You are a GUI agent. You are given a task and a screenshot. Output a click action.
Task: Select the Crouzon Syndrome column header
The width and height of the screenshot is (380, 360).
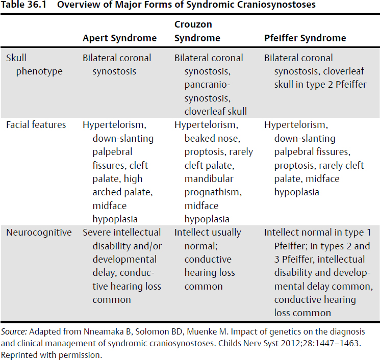click(x=197, y=32)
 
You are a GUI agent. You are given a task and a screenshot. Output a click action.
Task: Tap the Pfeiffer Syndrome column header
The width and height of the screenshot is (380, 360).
click(x=305, y=38)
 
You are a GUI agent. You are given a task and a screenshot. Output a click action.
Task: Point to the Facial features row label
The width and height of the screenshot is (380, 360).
click(x=36, y=125)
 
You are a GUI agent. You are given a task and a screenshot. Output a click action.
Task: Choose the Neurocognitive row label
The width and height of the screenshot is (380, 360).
click(x=38, y=233)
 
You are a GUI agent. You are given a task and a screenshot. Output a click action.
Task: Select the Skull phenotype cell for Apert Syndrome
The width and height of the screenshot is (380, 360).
click(x=117, y=64)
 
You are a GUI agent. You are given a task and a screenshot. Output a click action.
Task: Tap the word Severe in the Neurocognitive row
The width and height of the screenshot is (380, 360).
click(x=96, y=233)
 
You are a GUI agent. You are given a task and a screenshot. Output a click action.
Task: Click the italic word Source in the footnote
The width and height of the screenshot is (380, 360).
click(x=13, y=331)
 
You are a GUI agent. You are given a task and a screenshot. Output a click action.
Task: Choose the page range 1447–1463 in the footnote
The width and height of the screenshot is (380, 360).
click(x=337, y=343)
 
